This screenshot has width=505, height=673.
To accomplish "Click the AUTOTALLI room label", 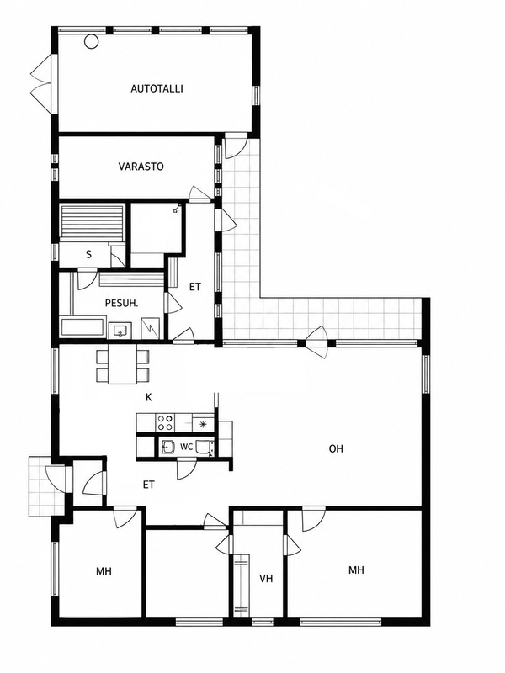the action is [x=157, y=89].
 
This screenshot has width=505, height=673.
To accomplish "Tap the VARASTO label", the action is [x=141, y=167].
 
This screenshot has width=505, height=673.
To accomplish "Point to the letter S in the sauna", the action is [x=89, y=255].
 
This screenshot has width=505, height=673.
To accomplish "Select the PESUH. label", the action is [x=121, y=303].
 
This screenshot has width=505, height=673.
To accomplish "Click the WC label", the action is [x=186, y=447].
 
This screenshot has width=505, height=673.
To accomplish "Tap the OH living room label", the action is [x=336, y=449].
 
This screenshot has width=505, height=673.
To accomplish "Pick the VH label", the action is [x=266, y=579].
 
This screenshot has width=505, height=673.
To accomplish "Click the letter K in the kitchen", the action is [x=149, y=397].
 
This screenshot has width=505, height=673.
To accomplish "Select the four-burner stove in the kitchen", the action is [x=165, y=422].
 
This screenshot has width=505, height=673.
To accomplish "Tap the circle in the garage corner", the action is [x=91, y=41].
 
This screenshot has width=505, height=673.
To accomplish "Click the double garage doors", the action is [x=41, y=83].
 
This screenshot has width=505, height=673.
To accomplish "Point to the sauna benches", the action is [x=92, y=221].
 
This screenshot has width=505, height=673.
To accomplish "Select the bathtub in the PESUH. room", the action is [x=82, y=327].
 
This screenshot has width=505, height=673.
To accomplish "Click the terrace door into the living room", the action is [x=318, y=342].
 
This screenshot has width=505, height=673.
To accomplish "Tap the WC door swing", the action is [x=186, y=469].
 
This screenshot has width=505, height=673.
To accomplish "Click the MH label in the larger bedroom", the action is [x=356, y=570].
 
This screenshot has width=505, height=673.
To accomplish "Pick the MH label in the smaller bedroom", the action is [x=104, y=571].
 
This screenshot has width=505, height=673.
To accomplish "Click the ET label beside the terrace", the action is [x=195, y=287].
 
